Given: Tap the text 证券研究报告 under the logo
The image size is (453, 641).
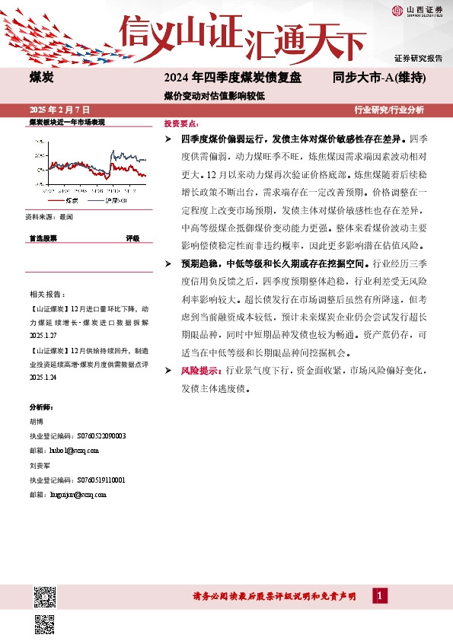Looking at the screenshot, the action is (418, 59).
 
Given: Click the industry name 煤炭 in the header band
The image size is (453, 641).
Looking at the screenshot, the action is (40, 78).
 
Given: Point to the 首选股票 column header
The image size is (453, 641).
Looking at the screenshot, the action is (43, 238).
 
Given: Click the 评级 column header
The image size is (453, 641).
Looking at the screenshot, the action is (132, 238).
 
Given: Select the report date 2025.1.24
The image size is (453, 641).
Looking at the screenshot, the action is (43, 377).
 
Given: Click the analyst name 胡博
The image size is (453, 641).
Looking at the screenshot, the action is (37, 422).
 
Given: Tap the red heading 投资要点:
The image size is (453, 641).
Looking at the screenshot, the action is (181, 123).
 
